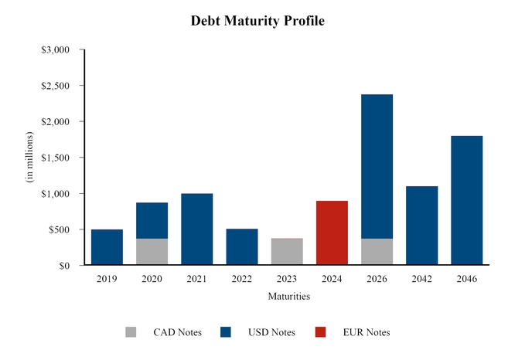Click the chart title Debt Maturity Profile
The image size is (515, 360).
coord(257,21)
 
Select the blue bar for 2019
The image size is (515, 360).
coord(107,247)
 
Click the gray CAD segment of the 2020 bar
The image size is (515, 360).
coord(152,252)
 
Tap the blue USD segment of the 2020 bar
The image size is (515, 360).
coord(152,220)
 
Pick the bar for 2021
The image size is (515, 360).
coord(196,229)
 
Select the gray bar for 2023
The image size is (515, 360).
coord(287,252)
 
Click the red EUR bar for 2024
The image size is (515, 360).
coord(332,233)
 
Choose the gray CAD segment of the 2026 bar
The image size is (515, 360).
coord(377,252)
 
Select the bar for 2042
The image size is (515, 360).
coord(421,226)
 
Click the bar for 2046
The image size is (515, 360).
coord(466,201)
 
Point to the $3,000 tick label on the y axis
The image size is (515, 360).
coord(55,50)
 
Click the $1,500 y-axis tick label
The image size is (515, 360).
coord(55,158)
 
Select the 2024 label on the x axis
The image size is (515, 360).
coord(332,279)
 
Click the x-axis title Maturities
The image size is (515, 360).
coord(288,296)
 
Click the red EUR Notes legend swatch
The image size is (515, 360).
coord(321,332)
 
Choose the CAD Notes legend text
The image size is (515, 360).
coord(177,332)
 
